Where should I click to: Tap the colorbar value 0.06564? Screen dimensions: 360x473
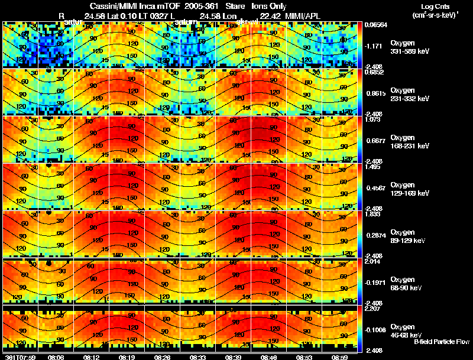click(374, 25)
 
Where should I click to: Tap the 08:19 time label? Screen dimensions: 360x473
click(126, 357)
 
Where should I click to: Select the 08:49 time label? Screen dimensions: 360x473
click(268, 357)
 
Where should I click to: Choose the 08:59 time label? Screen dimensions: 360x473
click(339, 357)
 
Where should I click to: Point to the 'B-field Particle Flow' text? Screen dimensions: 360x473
click(442, 342)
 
